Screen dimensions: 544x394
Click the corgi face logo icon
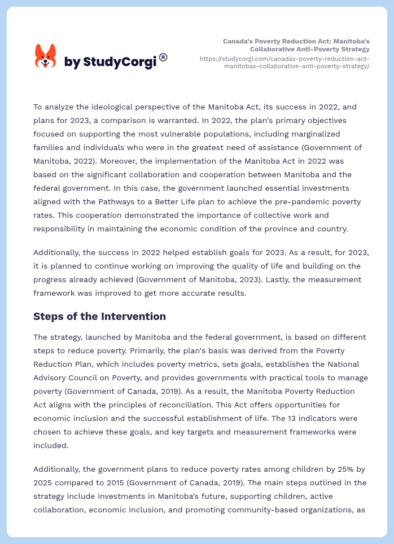[x=46, y=56]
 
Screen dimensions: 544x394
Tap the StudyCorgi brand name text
[x=110, y=62]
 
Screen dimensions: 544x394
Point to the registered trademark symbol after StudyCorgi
[x=163, y=57]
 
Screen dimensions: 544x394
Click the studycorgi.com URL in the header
[x=285, y=62]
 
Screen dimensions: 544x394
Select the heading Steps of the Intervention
[x=99, y=316]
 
